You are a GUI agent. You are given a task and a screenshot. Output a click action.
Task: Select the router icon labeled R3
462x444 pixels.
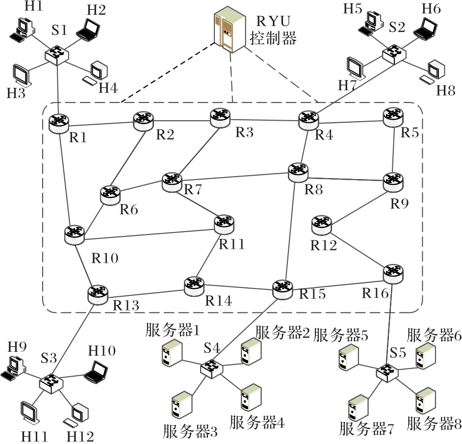click(220, 117)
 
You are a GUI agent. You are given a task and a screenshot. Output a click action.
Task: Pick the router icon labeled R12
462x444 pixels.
click(322, 225)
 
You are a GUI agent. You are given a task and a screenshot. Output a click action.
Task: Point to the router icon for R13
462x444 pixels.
click(98, 293)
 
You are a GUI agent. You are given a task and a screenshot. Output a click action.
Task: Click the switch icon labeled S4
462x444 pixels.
click(211, 367)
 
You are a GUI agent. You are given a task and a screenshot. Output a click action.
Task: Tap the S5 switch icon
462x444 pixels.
click(387, 371)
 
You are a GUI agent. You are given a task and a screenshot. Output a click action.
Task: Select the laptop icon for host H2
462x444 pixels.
click(88, 30)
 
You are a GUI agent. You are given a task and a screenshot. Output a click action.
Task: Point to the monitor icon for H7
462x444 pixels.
click(356, 68)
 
